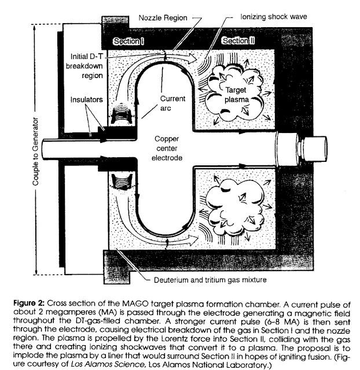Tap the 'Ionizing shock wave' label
274,18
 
